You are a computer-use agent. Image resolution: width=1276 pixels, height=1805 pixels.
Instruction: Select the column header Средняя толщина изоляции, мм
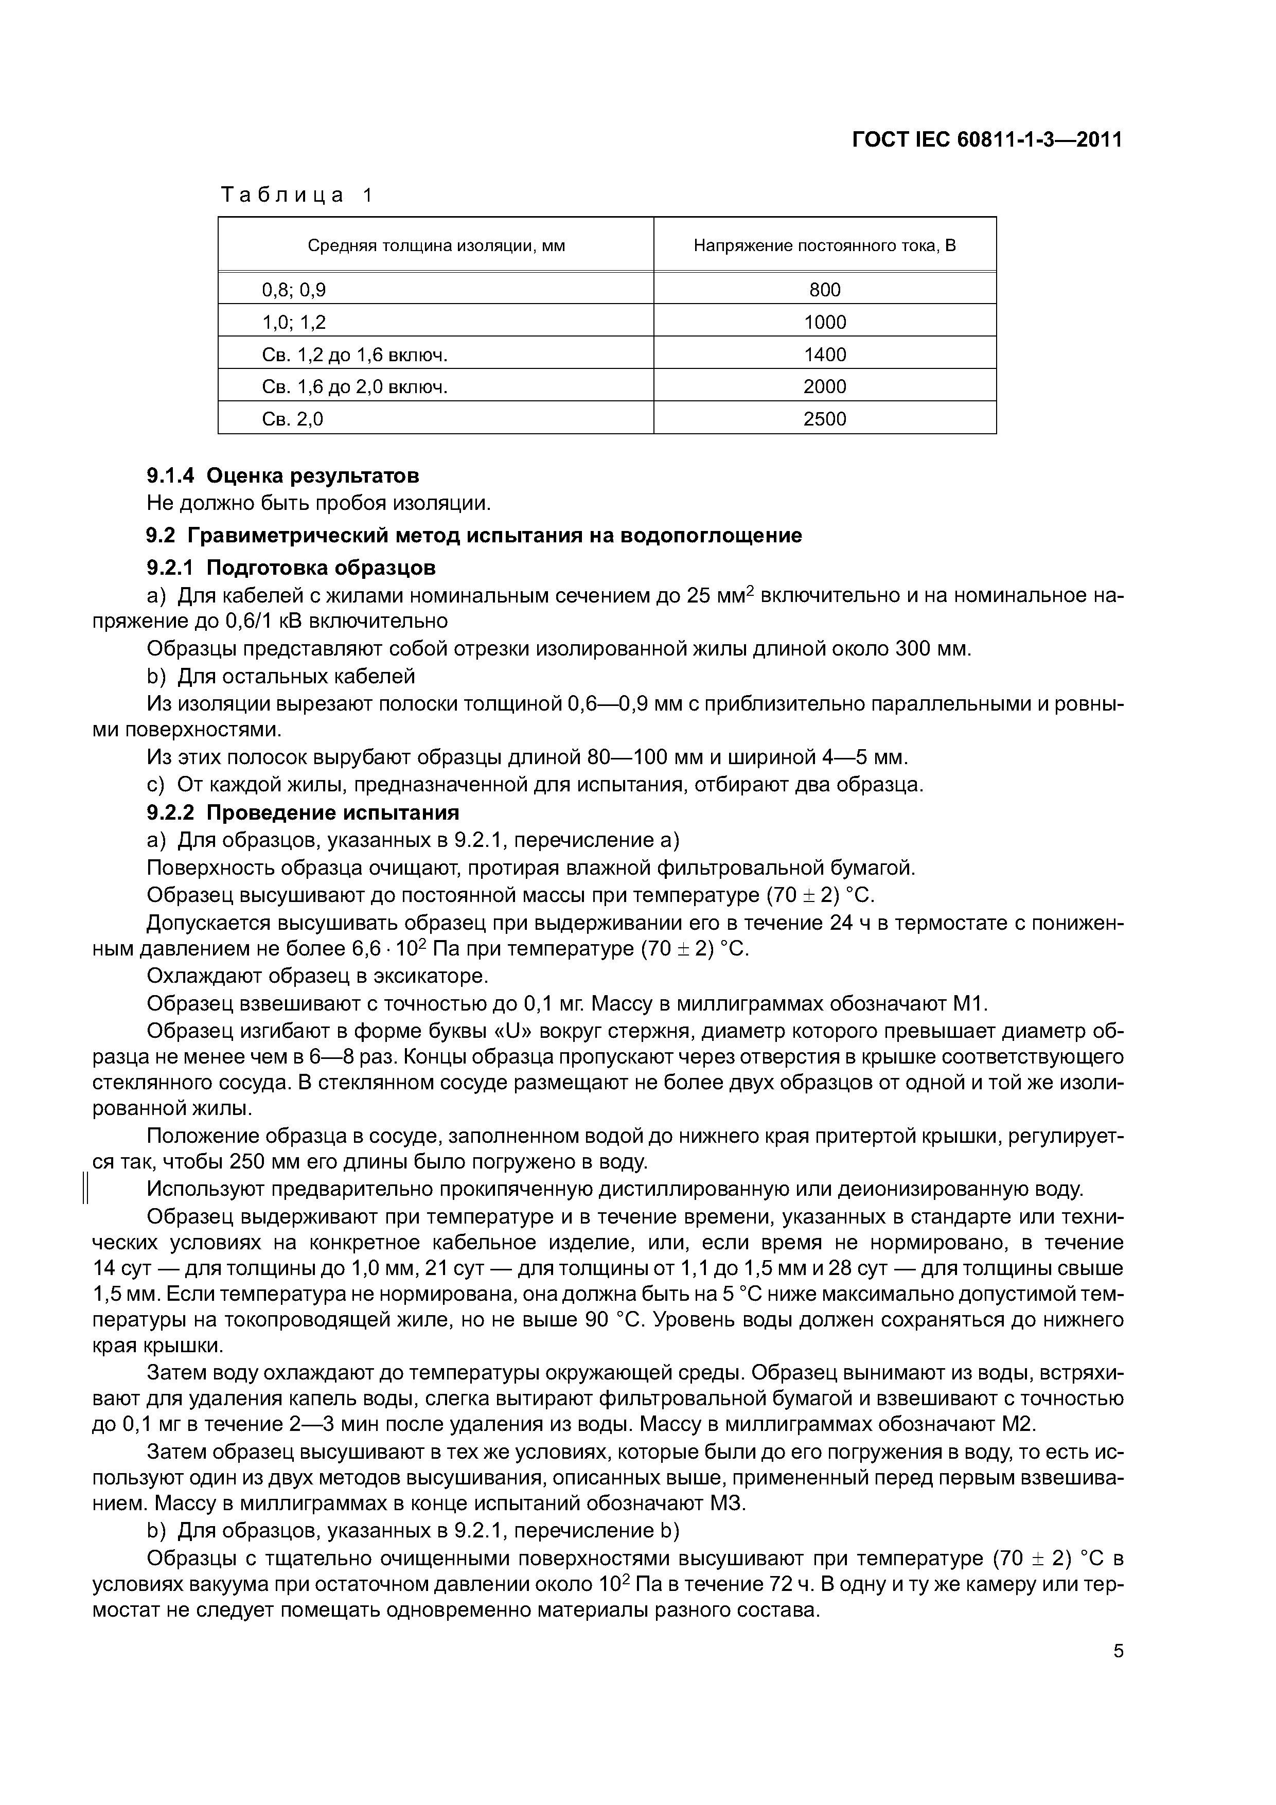pyautogui.click(x=436, y=246)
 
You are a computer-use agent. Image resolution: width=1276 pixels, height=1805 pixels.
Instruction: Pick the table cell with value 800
pyautogui.click(x=825, y=290)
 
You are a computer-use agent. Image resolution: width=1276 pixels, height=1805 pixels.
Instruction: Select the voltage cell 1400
pyautogui.click(x=825, y=355)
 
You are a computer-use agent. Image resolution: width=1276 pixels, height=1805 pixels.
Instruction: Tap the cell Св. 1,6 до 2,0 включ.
pyautogui.click(x=354, y=387)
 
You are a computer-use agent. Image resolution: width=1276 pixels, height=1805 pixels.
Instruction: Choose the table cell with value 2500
pyautogui.click(x=825, y=419)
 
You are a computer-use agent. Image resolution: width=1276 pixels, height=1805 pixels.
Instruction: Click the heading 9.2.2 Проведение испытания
pyautogui.click(x=303, y=812)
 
